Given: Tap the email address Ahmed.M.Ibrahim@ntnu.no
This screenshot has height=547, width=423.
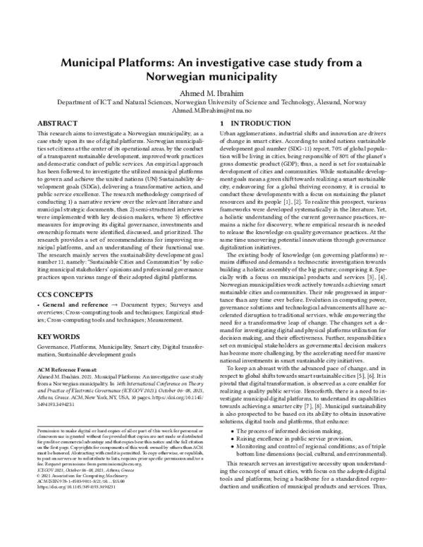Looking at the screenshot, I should point(211,111).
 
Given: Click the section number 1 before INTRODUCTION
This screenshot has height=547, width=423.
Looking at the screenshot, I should point(222,123).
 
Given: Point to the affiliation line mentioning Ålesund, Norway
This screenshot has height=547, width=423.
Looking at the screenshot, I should point(211,101).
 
